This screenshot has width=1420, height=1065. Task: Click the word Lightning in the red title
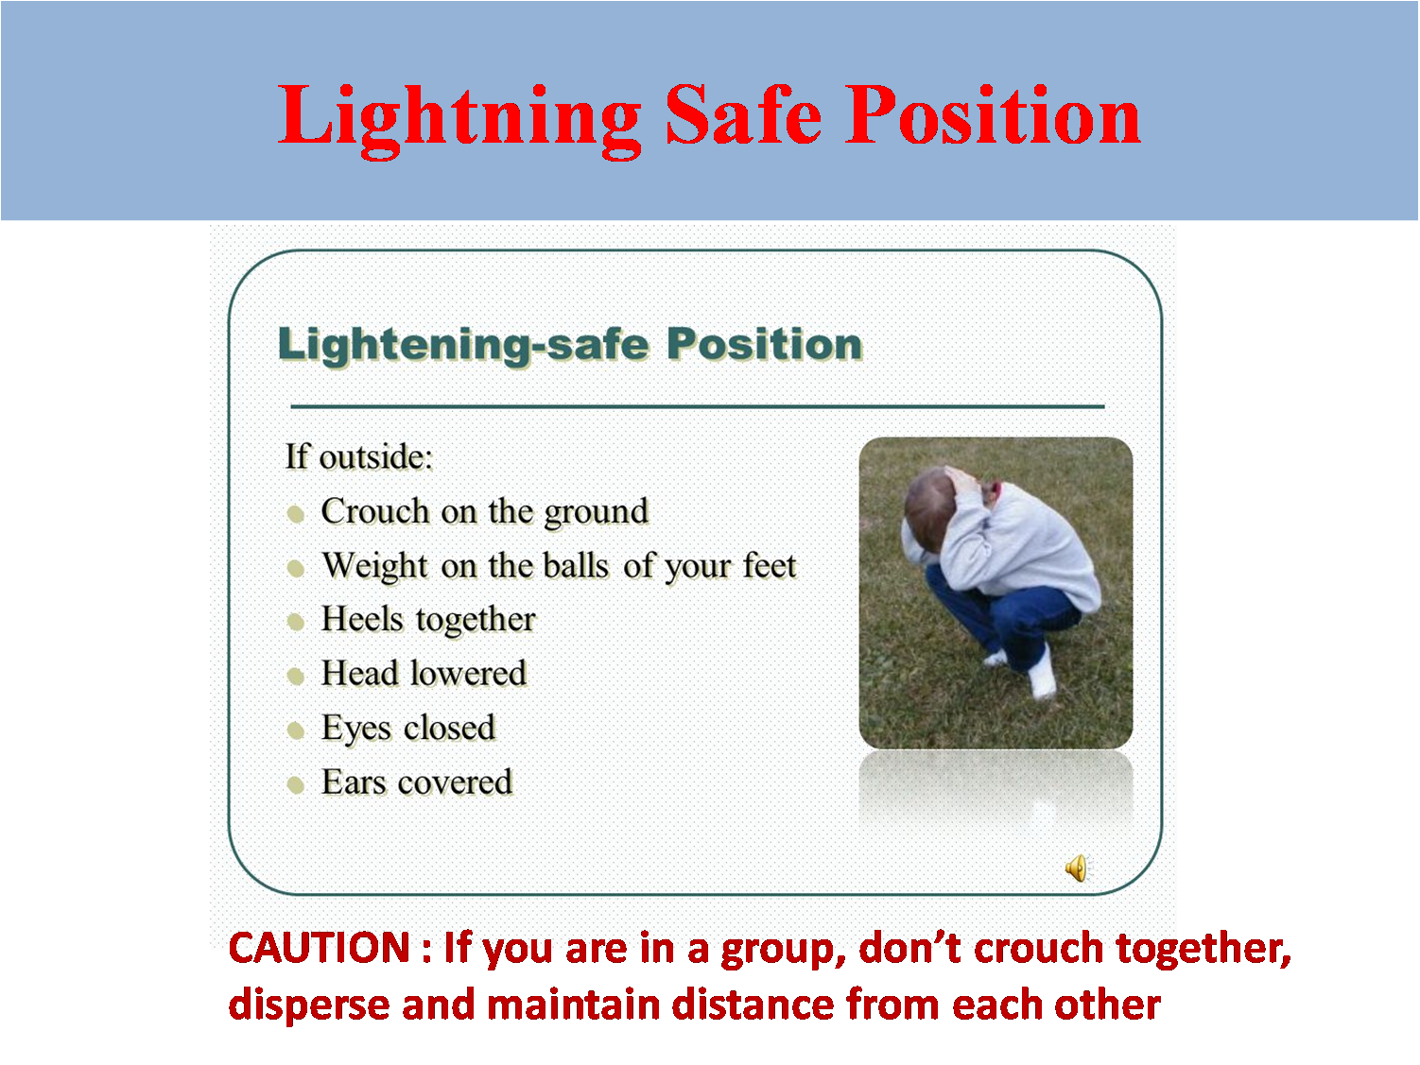click(459, 117)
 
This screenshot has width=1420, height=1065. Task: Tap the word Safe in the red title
click(743, 115)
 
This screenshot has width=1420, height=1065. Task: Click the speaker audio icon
click(1076, 867)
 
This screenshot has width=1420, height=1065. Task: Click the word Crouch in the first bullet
click(375, 511)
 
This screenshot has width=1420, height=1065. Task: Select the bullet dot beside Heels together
click(296, 622)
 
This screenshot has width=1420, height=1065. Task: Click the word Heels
click(362, 619)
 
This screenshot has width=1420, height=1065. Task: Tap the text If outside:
click(358, 456)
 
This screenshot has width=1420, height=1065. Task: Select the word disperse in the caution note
click(309, 1005)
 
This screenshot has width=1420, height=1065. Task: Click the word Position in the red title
click(993, 115)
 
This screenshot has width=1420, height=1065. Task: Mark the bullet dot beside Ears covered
click(296, 784)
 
